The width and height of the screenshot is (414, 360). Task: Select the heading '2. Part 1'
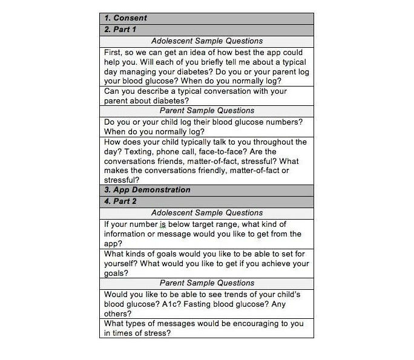[x=120, y=30]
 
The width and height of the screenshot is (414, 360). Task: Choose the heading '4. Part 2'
[x=120, y=201]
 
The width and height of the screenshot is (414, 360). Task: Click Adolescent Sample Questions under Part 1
[x=206, y=41]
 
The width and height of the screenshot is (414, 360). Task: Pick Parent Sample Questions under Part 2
[x=206, y=283]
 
